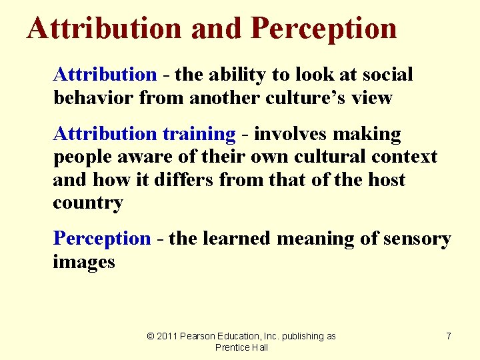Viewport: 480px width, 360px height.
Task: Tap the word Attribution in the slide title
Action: [x=104, y=28]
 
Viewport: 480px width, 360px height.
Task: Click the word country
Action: [x=88, y=203]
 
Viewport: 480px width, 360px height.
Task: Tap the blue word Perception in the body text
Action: [x=102, y=239]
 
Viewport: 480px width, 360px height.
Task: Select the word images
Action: [x=84, y=262]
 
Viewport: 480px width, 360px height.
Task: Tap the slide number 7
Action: [x=449, y=336]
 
